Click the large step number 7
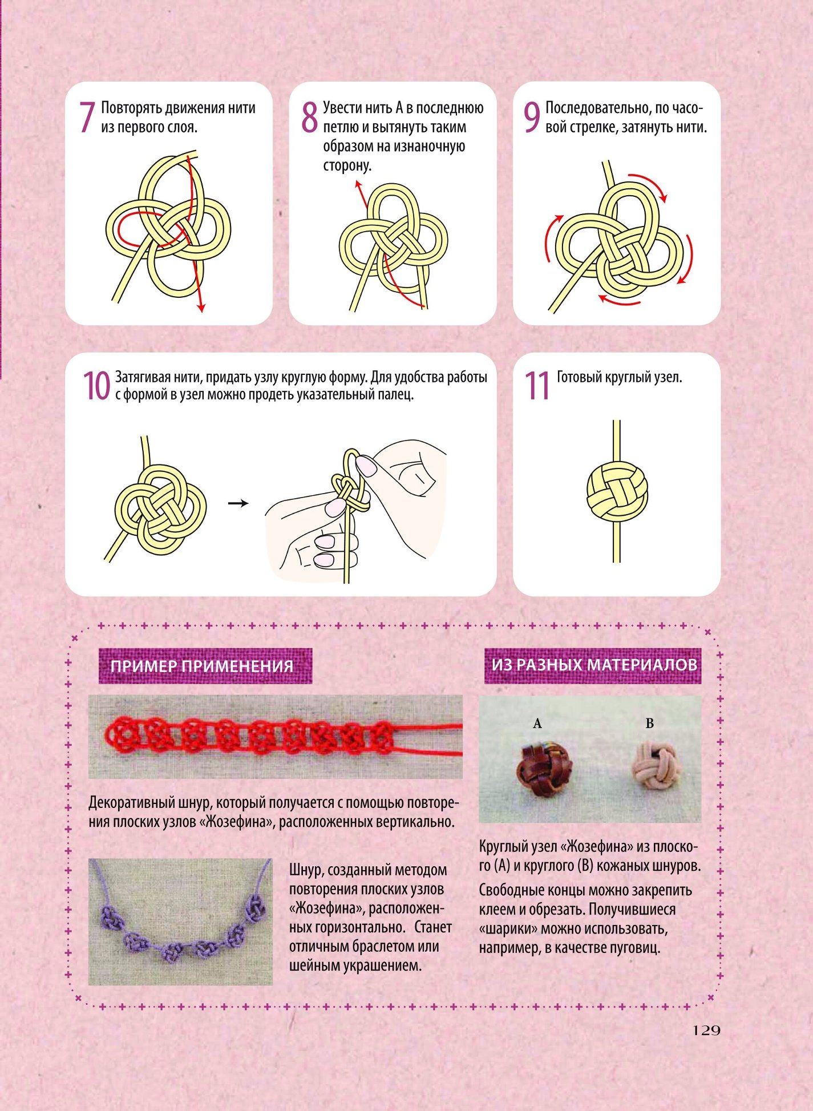tap(87, 118)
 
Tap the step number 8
tap(309, 118)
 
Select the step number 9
tap(532, 118)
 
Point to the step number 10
tap(96, 386)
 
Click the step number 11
tap(536, 386)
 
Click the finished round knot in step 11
tap(617, 491)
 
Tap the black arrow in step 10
tap(238, 503)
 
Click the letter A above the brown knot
tap(537, 724)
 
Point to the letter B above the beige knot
tap(649, 724)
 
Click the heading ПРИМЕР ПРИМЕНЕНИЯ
tap(202, 666)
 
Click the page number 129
tap(707, 1031)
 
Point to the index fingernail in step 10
tap(366, 466)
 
